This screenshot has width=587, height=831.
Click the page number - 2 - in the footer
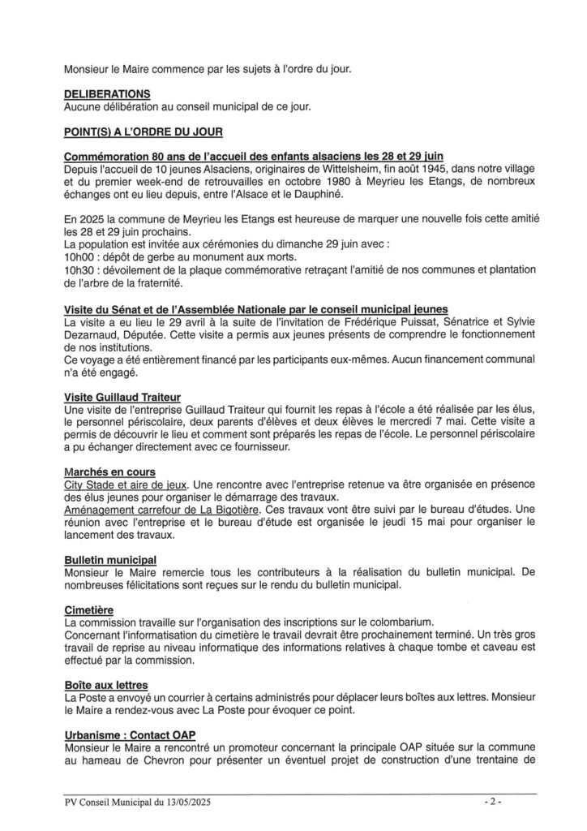(493, 803)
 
